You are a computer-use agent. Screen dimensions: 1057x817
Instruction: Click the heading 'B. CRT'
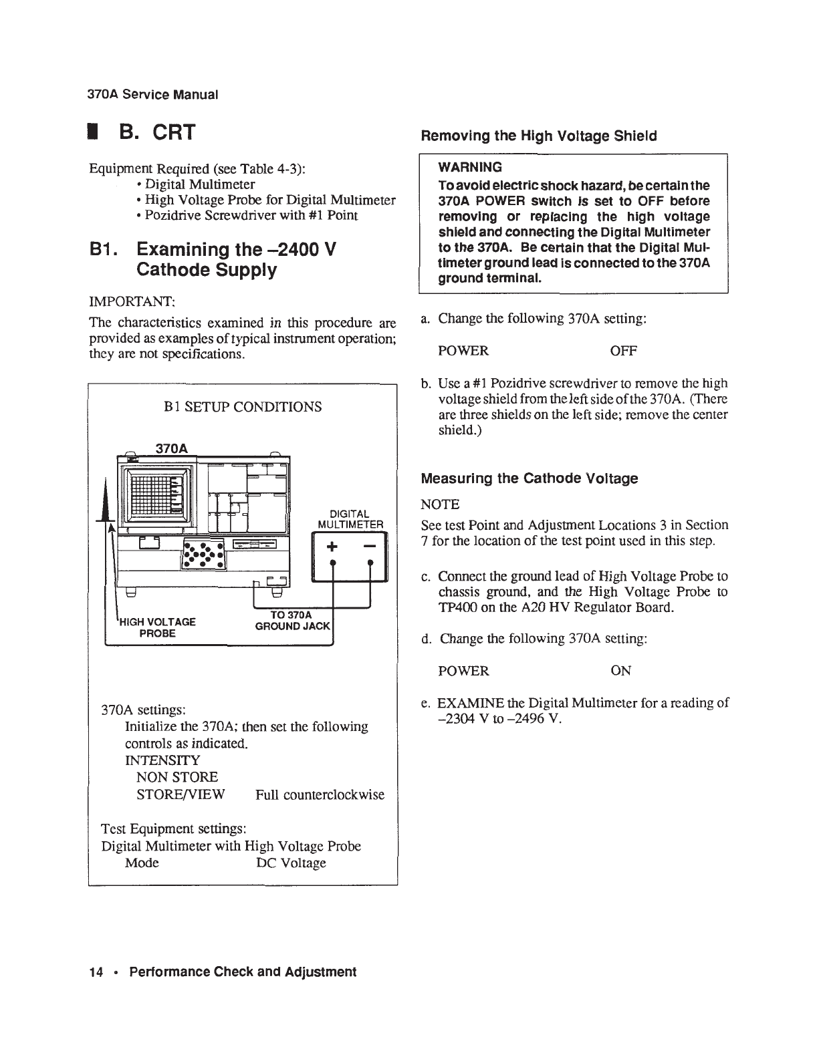tap(157, 132)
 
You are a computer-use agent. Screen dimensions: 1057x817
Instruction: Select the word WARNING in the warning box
tap(469, 167)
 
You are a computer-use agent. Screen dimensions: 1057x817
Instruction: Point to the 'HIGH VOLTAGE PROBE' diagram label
tap(158, 627)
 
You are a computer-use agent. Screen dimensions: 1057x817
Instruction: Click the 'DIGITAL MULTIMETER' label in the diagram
tap(350, 518)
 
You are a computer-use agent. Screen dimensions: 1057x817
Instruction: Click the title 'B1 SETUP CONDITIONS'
tap(243, 406)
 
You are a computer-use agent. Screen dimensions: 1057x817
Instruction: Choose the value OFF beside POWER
tap(624, 351)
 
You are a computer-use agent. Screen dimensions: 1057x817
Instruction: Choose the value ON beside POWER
tap(621, 671)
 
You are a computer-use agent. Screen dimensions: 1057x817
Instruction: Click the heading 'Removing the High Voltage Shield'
tap(538, 136)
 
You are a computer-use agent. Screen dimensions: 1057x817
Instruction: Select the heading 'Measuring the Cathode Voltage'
tap(529, 478)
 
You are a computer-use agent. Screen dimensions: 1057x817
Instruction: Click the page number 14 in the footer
tap(94, 972)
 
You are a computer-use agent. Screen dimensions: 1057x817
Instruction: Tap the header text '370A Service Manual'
tap(153, 94)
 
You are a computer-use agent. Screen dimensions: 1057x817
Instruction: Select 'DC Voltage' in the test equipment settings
tap(291, 863)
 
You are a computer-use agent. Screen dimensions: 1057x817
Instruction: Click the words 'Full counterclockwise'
tap(320, 794)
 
